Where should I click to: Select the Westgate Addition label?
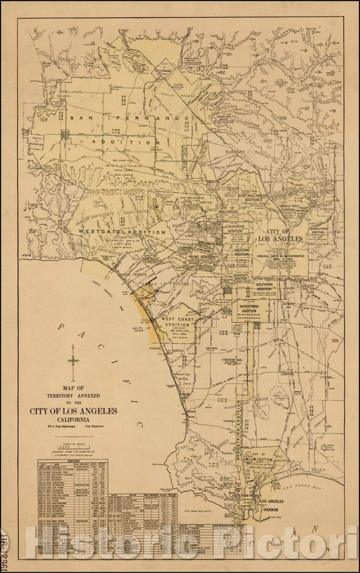pos(122,231)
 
